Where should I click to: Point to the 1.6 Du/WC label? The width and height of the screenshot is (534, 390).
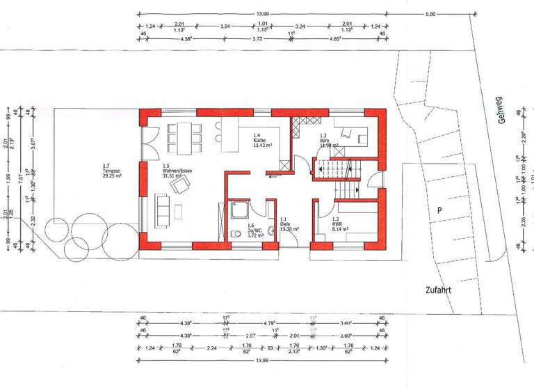point(255,230)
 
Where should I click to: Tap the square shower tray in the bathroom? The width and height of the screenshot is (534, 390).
point(240,210)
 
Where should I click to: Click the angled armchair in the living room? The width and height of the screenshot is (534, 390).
point(183,183)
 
